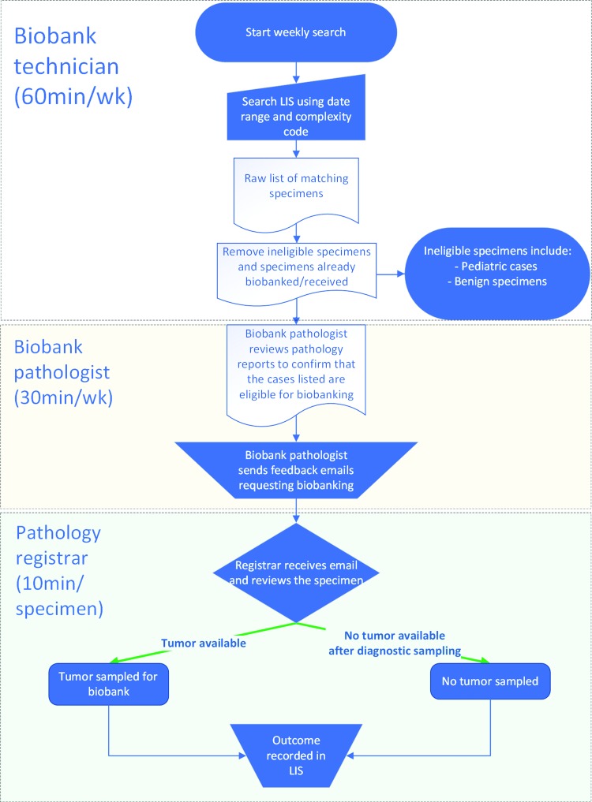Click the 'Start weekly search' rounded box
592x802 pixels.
tap(296, 32)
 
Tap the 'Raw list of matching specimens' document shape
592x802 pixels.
tap(296, 192)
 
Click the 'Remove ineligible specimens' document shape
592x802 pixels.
tap(297, 271)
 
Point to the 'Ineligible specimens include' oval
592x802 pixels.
tap(497, 274)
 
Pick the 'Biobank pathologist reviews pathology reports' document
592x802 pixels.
tap(296, 371)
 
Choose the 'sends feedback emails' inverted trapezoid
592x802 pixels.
tap(296, 470)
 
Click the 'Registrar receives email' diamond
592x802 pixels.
tap(296, 573)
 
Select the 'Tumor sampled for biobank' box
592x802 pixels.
tap(109, 684)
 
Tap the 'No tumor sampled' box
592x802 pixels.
tap(490, 681)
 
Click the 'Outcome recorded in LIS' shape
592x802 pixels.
tap(296, 755)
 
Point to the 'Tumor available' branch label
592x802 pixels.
tap(204, 643)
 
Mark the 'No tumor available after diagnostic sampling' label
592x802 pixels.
tap(395, 643)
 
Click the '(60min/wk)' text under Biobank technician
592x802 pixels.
tap(73, 96)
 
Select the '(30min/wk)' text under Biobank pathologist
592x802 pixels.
tap(63, 397)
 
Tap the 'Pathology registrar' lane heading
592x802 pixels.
tap(58, 545)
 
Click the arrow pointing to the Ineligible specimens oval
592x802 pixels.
tap(391, 274)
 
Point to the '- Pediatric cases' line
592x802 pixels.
tap(495, 266)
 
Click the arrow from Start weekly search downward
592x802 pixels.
tap(296, 72)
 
